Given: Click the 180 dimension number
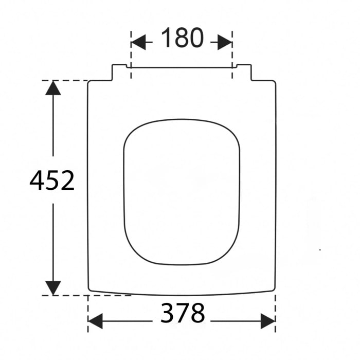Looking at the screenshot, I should [x=182, y=39].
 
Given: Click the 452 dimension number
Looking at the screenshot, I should [x=52, y=181].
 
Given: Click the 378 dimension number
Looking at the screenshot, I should [x=183, y=313].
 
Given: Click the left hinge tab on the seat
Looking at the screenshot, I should [x=119, y=73].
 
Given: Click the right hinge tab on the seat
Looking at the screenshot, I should [x=244, y=73].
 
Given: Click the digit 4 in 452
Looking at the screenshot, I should [x=38, y=181].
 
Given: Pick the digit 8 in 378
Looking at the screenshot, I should [x=197, y=313].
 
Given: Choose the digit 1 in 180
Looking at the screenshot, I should [x=167, y=39].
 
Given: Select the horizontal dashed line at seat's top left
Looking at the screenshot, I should [x=64, y=80].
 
